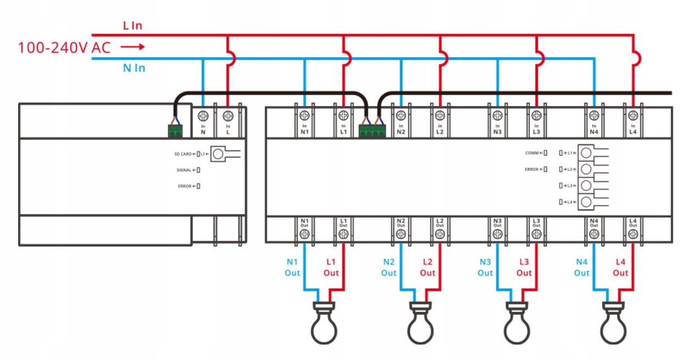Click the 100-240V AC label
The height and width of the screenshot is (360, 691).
point(64,47)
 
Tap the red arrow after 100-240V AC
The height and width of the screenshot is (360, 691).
point(132,47)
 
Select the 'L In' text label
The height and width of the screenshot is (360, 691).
point(133,25)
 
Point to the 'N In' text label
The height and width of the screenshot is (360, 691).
point(134,68)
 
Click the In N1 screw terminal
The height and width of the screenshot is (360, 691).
point(305,115)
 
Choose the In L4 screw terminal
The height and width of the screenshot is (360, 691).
point(633,115)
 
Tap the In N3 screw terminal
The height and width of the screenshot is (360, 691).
point(497,115)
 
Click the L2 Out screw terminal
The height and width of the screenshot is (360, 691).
point(439,234)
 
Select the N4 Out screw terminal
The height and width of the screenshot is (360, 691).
point(594,234)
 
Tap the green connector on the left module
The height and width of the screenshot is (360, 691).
point(175,131)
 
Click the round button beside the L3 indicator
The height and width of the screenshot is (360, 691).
point(586,185)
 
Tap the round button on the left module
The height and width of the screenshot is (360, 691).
point(218,154)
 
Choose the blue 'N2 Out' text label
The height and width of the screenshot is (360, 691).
point(389,267)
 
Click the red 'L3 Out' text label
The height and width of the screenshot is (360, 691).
point(524,267)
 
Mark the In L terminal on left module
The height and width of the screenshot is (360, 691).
point(228,115)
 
